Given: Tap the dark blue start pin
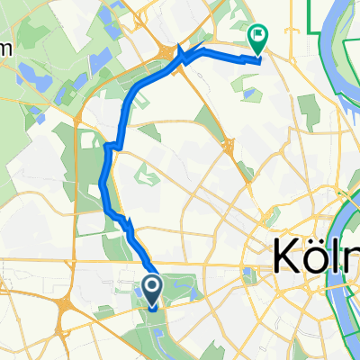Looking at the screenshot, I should [x=152, y=288].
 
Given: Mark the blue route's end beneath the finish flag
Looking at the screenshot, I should [x=258, y=61].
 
